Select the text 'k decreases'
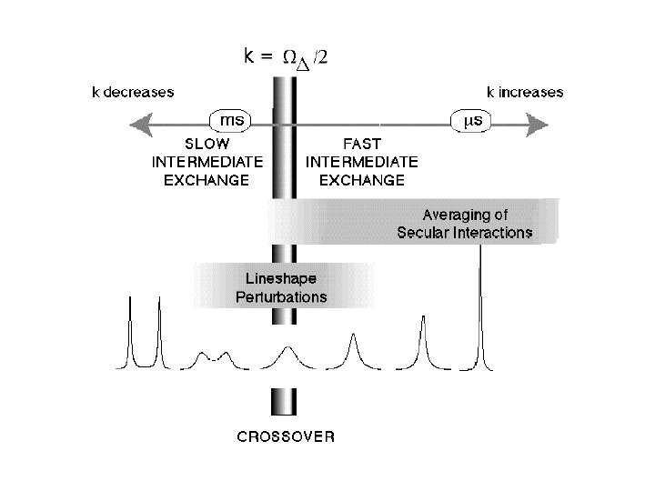point(133,92)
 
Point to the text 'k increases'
point(525,92)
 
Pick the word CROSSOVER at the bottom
point(286,436)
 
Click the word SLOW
point(207,145)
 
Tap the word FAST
point(362,145)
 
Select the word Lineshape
point(281,278)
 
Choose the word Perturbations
point(281,296)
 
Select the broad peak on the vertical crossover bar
point(287,351)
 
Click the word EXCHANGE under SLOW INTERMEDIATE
point(207,180)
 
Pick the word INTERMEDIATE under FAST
point(362,162)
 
